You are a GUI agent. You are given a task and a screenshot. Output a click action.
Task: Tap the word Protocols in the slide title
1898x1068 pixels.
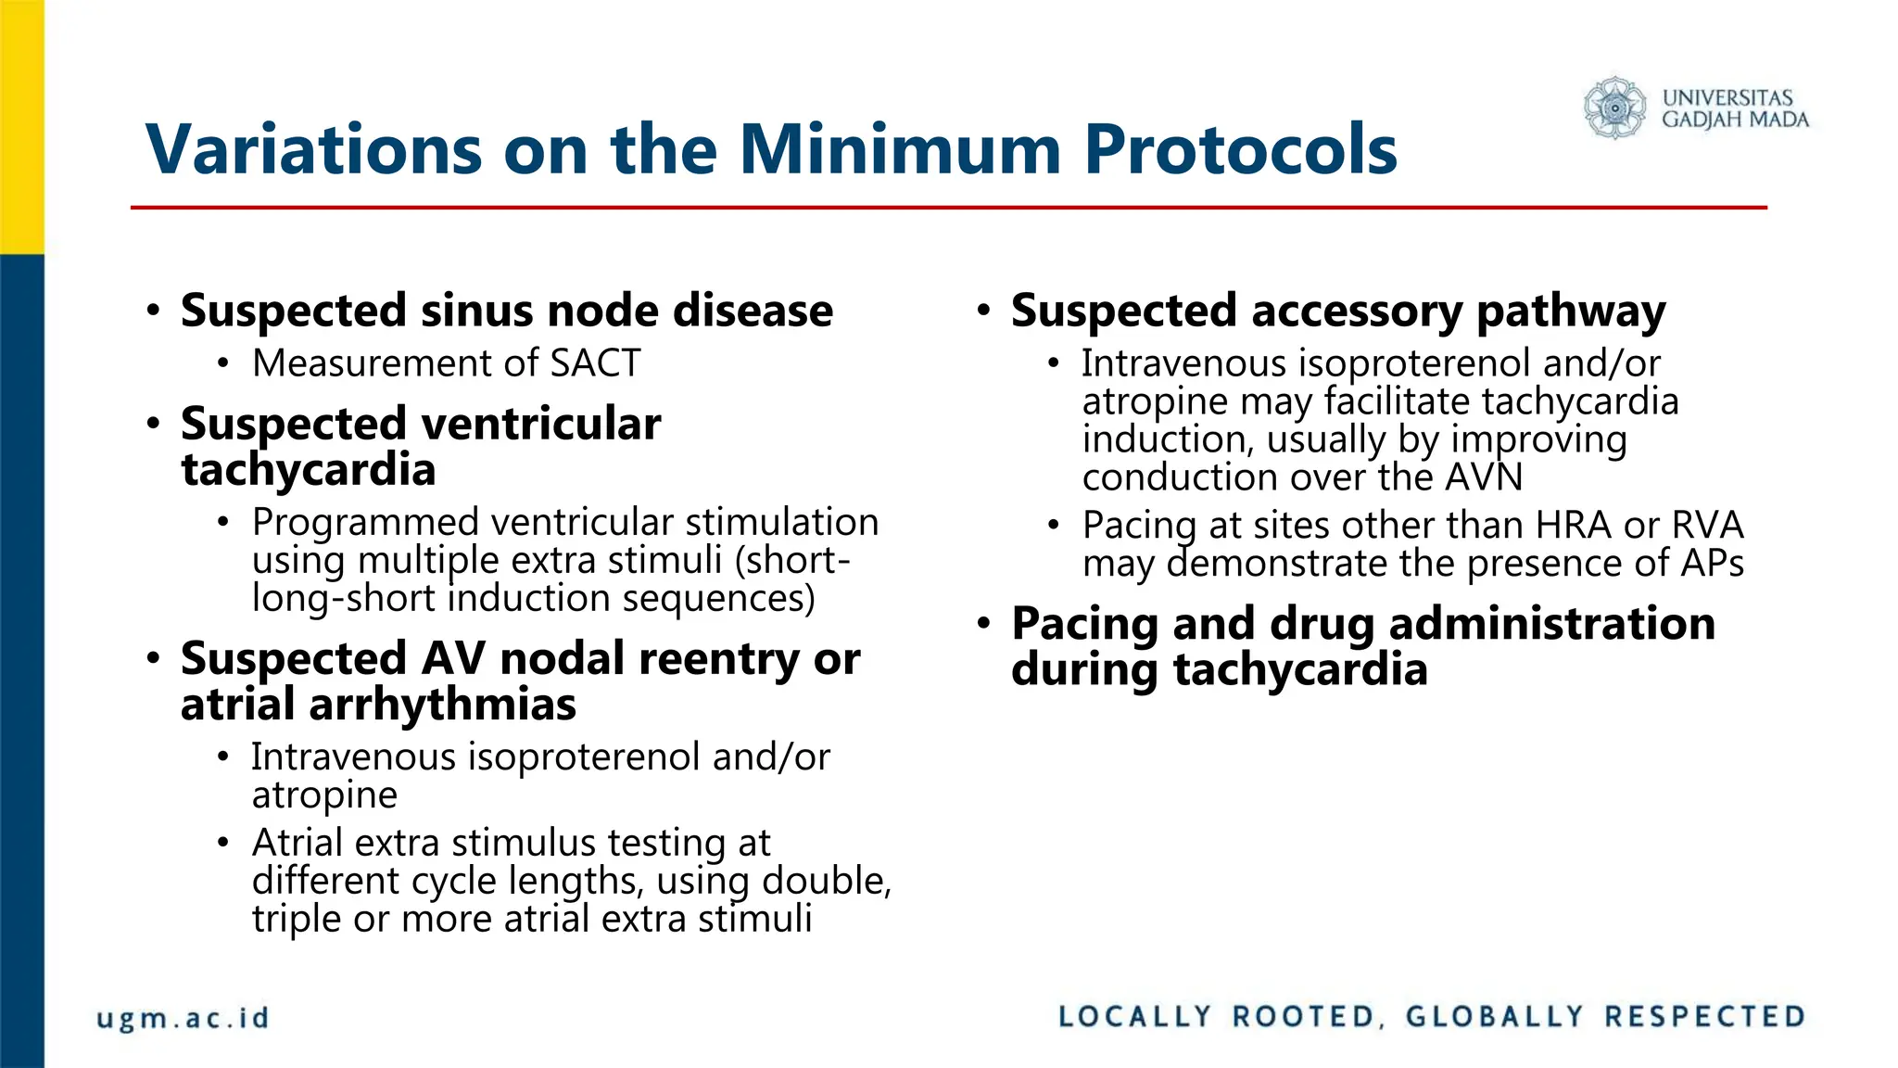(1240, 149)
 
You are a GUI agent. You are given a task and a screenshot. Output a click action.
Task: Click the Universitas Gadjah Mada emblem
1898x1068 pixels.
(1614, 108)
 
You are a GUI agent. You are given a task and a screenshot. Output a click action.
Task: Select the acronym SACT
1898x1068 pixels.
(594, 363)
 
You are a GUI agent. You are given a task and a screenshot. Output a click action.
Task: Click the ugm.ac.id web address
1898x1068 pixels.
(183, 1018)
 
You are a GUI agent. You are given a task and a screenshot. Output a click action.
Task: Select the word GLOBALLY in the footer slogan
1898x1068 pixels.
(1494, 1017)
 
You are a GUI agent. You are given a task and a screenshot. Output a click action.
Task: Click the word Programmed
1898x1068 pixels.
(365, 523)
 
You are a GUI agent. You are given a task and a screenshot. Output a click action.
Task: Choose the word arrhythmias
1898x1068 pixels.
(442, 705)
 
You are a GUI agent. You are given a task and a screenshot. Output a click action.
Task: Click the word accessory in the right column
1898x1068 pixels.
(1356, 311)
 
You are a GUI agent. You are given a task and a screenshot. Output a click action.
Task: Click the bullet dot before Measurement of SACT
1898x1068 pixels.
(222, 364)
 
